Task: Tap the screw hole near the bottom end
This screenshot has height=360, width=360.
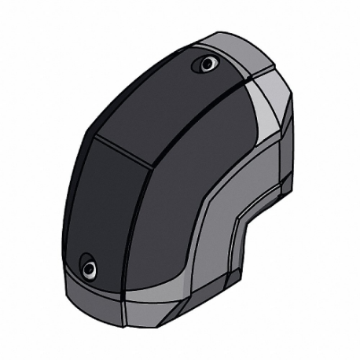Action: pyautogui.click(x=89, y=270)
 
